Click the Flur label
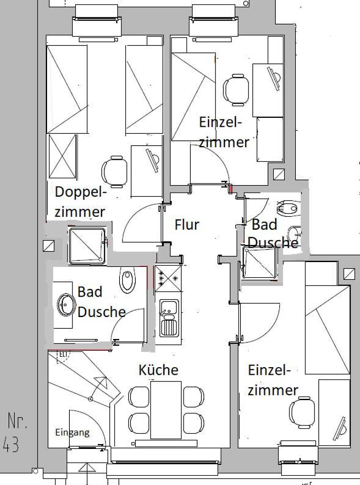[186, 225]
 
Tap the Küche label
[158, 370]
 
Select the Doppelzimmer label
[81, 202]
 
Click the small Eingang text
[73, 432]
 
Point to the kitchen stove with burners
[168, 279]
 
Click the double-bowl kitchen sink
[169, 318]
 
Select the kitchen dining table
[166, 410]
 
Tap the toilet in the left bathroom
[127, 280]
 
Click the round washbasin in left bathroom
[66, 305]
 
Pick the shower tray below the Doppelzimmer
[87, 246]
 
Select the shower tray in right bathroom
[259, 262]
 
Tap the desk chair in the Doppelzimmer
[114, 172]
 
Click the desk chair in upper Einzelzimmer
[236, 90]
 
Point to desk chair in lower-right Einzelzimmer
[302, 412]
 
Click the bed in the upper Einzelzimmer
[194, 97]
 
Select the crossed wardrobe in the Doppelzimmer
[62, 156]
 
